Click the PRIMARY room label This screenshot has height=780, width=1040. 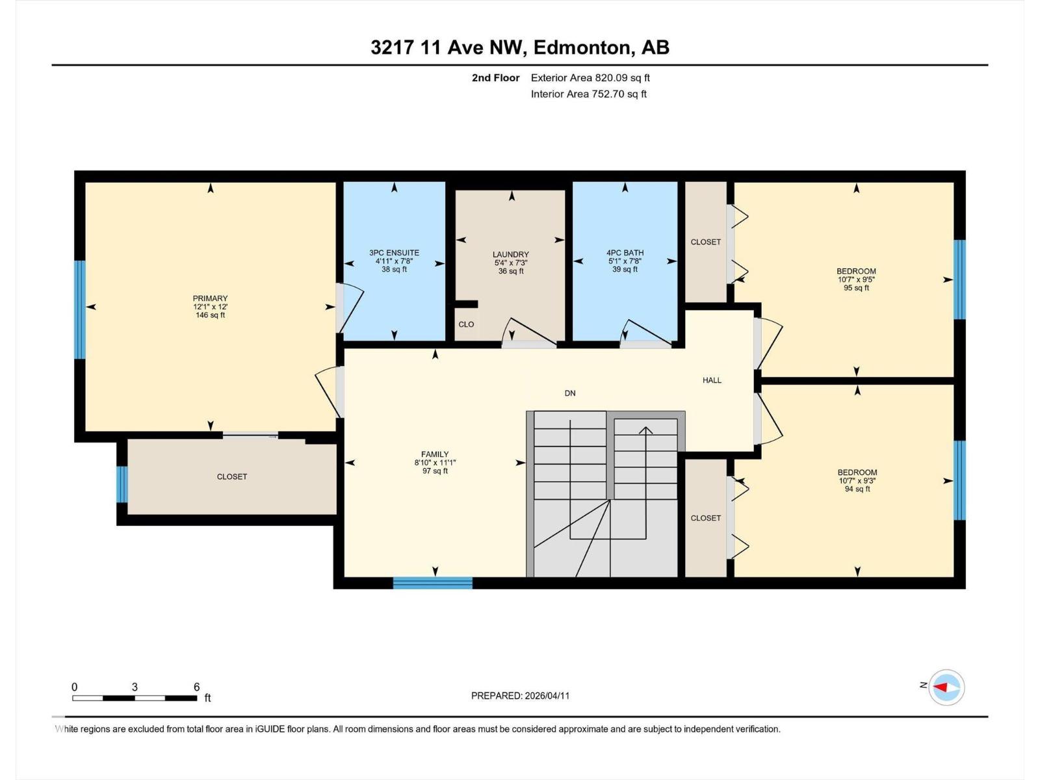210,298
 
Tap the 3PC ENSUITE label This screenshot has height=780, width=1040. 394,253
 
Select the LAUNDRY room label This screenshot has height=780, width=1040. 511,255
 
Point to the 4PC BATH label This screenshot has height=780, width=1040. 625,253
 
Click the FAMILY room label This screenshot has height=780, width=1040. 435,454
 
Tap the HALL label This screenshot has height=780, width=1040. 712,380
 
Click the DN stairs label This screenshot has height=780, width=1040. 570,393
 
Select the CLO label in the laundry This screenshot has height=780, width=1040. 466,324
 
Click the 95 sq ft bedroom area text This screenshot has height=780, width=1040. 856,288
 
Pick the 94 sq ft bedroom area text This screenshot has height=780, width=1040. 857,489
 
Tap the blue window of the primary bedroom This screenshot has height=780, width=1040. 80,309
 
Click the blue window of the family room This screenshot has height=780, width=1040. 432,583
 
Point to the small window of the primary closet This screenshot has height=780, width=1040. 122,484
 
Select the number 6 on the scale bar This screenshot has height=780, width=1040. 196,687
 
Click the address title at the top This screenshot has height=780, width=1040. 520,47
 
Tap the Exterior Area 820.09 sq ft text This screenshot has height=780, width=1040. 590,78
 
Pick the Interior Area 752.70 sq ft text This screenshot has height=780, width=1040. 588,94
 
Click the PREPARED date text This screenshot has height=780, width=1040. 520,695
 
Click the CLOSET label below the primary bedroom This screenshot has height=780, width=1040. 232,476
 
